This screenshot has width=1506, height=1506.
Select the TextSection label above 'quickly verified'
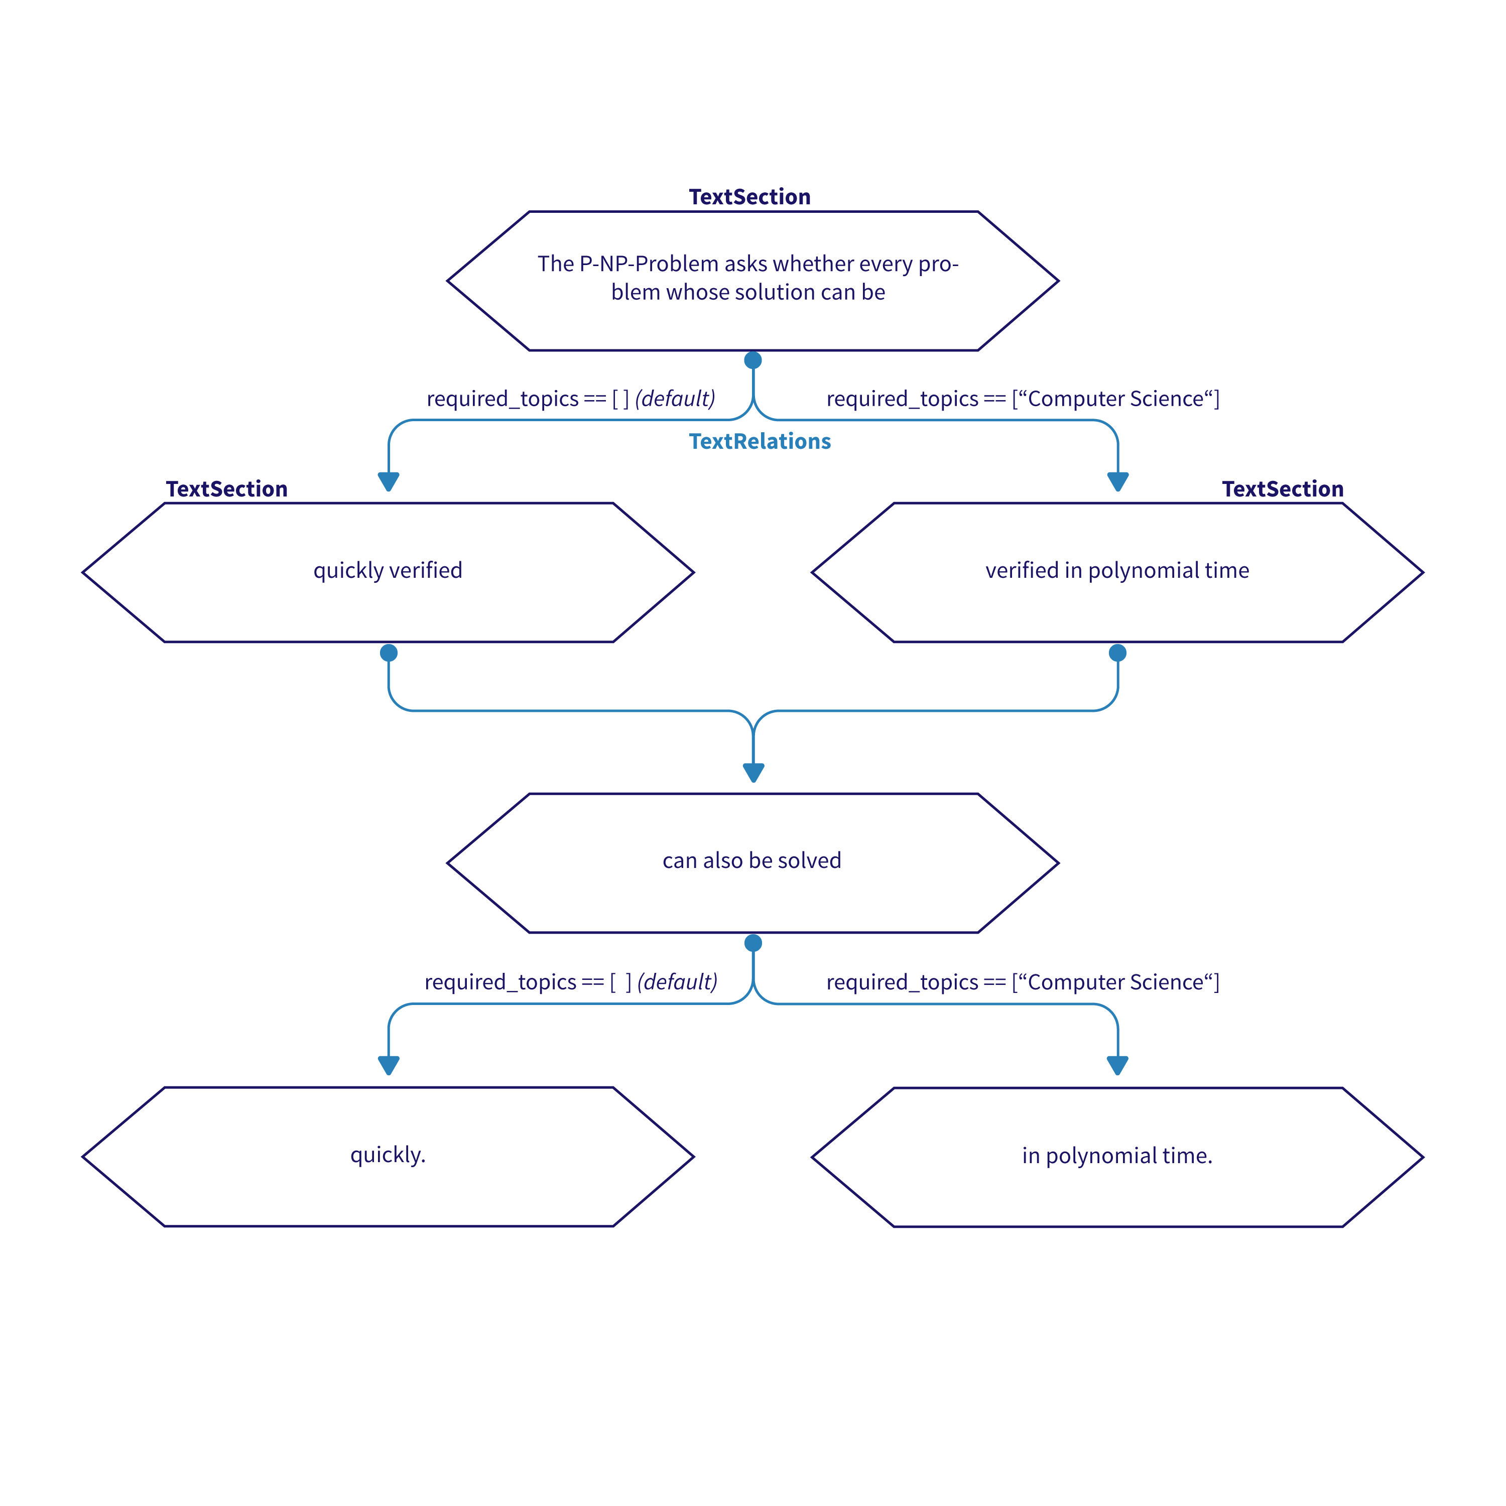point(227,489)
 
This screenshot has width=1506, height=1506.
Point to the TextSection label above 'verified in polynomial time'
point(1282,489)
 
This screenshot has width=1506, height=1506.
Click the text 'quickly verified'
point(388,571)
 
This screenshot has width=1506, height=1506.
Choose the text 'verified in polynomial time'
point(1116,571)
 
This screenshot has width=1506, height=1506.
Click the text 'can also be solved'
point(751,860)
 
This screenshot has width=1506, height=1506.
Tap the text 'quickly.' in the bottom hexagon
point(388,1155)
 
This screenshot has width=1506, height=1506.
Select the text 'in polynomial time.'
point(1116,1155)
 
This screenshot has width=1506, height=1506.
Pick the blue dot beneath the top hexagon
point(753,360)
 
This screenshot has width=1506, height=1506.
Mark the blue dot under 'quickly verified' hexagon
point(388,653)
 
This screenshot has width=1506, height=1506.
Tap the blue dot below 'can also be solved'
point(753,943)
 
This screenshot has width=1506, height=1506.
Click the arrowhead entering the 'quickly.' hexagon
point(388,1065)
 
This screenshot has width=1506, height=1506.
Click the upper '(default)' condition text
point(675,399)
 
